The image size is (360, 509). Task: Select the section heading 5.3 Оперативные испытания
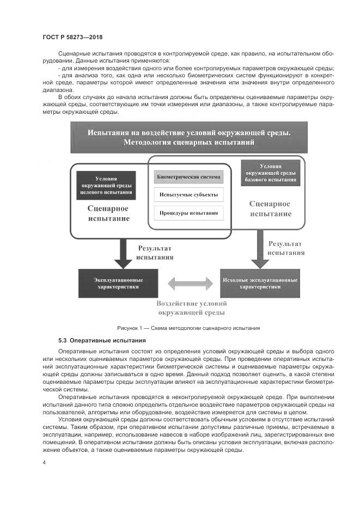tap(101, 340)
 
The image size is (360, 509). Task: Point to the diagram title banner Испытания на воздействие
tap(189, 137)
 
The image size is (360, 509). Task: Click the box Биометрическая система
tap(188, 177)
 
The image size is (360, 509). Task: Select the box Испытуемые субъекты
tap(188, 194)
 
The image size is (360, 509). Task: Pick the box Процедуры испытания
tap(188, 212)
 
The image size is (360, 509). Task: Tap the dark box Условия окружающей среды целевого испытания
tap(106, 185)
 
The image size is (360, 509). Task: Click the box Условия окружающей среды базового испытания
tap(270, 173)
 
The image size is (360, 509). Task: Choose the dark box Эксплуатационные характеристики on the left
tap(118, 283)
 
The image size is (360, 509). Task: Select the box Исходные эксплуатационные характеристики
tap(260, 283)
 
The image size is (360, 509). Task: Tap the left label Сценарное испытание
tap(109, 213)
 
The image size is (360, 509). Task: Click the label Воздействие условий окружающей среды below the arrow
tap(192, 308)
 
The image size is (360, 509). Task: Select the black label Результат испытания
tap(155, 252)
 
